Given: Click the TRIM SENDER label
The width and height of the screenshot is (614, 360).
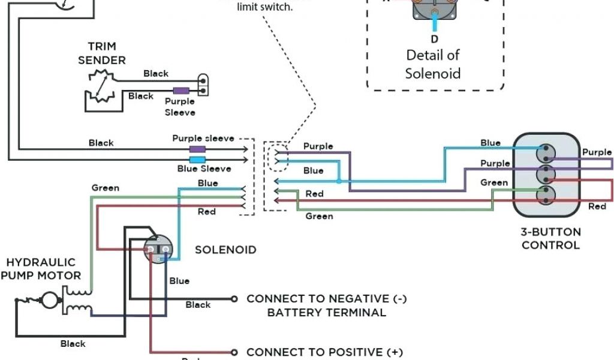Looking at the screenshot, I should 102,53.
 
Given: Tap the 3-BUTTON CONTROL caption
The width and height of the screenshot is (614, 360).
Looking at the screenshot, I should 550,238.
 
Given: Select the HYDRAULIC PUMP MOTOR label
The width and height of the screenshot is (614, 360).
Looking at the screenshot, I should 41,269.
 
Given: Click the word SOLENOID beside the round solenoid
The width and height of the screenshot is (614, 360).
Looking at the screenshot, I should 225,250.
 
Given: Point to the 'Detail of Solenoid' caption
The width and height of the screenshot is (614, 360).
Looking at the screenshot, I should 433,64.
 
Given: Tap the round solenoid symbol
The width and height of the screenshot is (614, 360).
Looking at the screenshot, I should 159,247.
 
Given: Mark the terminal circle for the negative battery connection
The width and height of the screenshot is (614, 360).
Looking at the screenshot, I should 234,298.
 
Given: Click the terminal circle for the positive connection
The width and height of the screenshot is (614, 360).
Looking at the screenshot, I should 234,352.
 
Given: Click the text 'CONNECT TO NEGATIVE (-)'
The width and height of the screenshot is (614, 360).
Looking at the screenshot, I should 326,298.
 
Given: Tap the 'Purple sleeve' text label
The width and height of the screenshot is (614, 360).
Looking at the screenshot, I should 203,138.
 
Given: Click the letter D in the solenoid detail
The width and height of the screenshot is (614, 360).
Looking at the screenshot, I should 434,40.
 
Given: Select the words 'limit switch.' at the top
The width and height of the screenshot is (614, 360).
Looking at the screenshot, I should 265,8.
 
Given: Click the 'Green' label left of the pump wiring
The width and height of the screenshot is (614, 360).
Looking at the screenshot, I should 105,188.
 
